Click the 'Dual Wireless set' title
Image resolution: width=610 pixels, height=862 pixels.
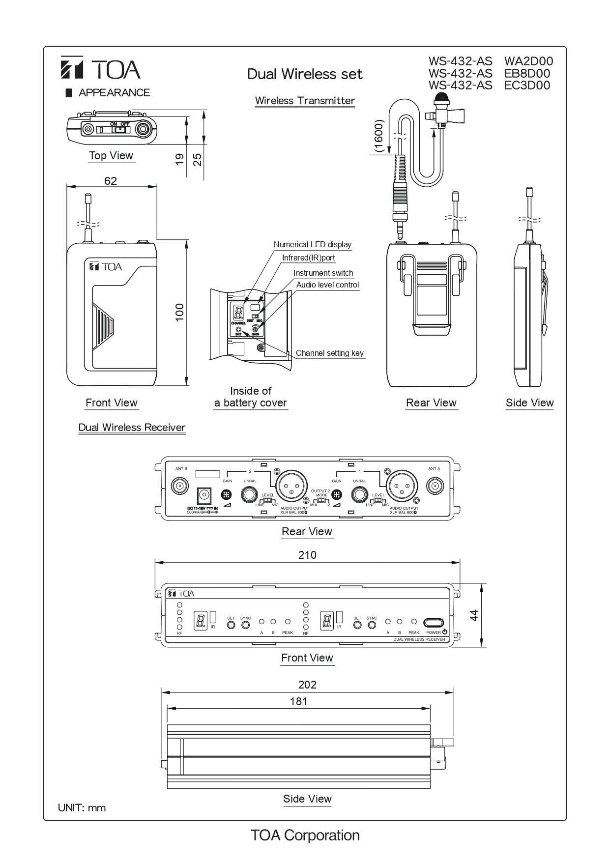point(305,74)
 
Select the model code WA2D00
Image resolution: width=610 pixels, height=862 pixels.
point(528,61)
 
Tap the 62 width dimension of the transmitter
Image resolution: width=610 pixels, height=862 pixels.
point(111,181)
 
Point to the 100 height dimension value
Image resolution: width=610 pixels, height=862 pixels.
point(179,313)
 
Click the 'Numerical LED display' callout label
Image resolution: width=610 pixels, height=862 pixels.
point(312,245)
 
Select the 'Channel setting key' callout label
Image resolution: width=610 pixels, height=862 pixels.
point(329,353)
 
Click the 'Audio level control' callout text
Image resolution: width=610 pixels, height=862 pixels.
point(327,285)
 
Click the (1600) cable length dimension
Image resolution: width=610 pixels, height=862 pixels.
point(378,136)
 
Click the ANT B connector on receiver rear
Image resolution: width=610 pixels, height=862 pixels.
point(179,487)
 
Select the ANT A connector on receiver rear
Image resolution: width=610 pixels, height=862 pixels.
point(434,487)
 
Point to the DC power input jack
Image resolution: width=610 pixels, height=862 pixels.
point(204,494)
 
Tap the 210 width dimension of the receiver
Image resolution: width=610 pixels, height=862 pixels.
point(307,555)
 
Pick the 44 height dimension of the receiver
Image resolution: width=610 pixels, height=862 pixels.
point(474,615)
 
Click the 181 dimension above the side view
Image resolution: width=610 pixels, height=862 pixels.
point(298,701)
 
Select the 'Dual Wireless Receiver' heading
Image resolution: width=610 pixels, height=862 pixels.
point(132,428)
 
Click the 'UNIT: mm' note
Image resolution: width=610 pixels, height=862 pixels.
point(82,808)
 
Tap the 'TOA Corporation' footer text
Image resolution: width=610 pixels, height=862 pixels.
point(305,835)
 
